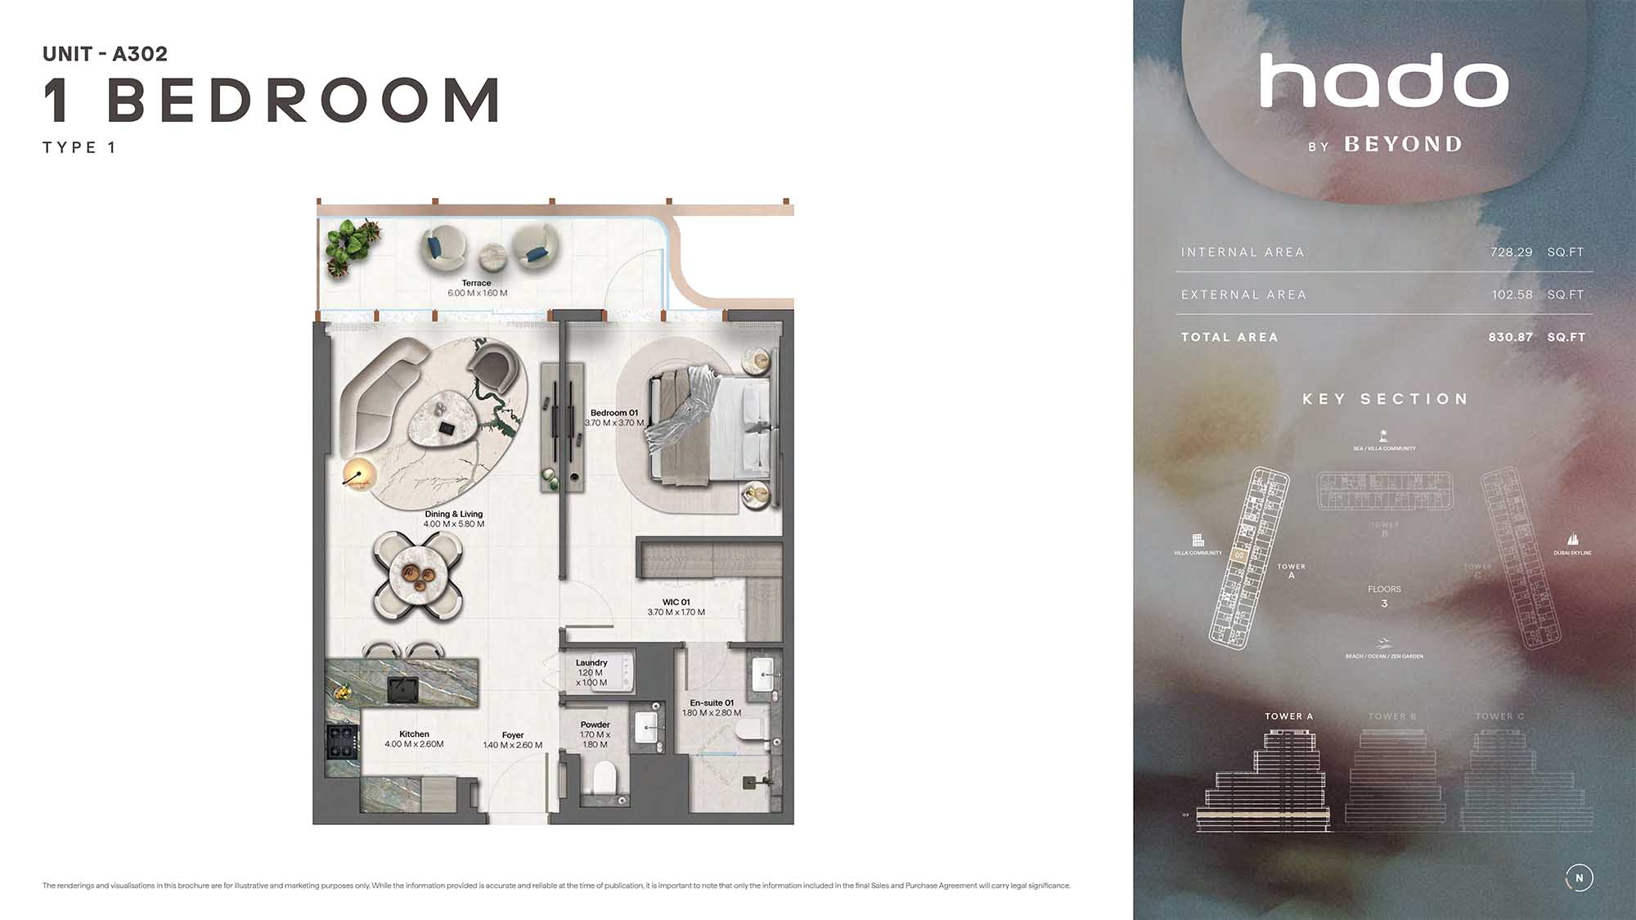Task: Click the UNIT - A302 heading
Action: [105, 54]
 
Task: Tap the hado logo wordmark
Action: [1383, 81]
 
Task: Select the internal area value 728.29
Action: [1511, 252]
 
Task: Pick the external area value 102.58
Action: [1511, 294]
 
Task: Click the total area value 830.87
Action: [1510, 337]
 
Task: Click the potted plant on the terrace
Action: [352, 244]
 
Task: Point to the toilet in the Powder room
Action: [605, 778]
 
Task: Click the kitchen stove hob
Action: [342, 742]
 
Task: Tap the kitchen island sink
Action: [402, 689]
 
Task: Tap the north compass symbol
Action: [1579, 877]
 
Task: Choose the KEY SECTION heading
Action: [1385, 399]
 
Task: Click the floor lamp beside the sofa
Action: [357, 475]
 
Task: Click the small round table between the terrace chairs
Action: [494, 255]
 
